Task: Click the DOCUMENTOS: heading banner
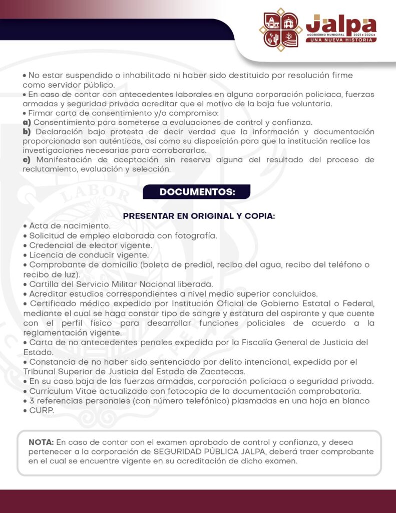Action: click(x=197, y=192)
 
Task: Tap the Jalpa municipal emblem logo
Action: click(x=280, y=30)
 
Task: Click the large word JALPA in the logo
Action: click(x=341, y=24)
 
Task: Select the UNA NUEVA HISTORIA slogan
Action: click(x=341, y=40)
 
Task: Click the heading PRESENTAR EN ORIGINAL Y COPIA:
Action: click(x=199, y=216)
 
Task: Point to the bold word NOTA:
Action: click(x=42, y=442)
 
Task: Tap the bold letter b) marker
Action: click(x=28, y=131)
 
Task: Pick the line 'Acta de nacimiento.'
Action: click(x=70, y=226)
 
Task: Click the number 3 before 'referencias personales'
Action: click(x=32, y=401)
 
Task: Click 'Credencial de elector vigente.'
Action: click(x=91, y=245)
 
